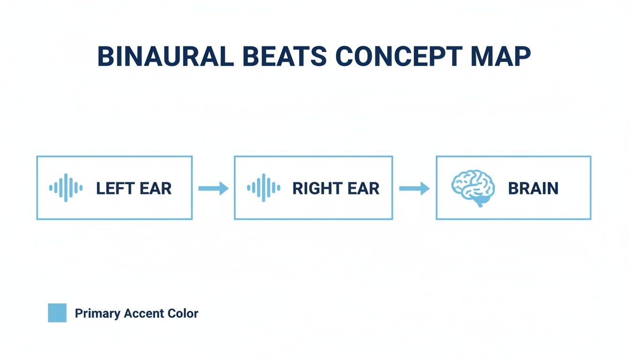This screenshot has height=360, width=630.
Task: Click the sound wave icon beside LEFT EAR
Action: click(66, 188)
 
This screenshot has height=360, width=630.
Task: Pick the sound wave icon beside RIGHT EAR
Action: click(263, 188)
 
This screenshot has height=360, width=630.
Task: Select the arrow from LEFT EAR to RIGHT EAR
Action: click(213, 188)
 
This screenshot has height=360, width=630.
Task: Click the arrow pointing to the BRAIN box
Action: click(414, 188)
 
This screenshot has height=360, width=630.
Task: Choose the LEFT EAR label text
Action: click(134, 188)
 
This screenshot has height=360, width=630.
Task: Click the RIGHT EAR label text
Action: click(336, 188)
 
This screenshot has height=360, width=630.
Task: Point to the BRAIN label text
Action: click(533, 188)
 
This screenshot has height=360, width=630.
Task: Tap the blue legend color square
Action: click(57, 313)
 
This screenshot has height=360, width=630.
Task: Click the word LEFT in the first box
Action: click(114, 188)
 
